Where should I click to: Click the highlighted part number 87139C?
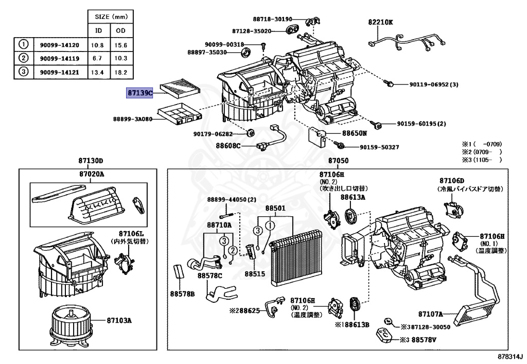pos(140,93)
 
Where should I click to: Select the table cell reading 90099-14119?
pos(60,58)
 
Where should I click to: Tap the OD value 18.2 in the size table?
pos(121,72)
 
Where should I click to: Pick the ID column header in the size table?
pos(97,31)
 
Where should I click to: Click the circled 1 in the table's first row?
pos(23,45)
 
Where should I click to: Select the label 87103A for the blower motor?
pos(120,320)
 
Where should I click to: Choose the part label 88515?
pos(255,274)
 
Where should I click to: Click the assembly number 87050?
pos(338,161)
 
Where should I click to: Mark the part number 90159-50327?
pos(379,147)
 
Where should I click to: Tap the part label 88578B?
pos(183,293)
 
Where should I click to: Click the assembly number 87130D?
pos(91,161)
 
